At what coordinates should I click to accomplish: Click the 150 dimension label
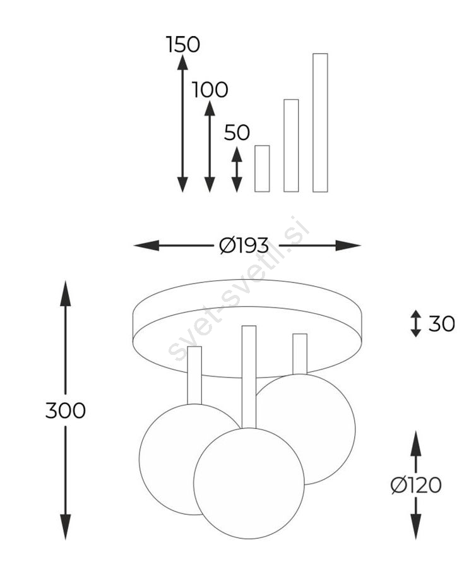(183, 44)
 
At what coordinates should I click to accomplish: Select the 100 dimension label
(210, 90)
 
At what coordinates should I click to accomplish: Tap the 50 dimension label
(237, 133)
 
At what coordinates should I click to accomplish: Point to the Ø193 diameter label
(244, 245)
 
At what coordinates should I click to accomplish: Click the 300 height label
(66, 410)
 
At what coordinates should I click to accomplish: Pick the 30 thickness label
(441, 323)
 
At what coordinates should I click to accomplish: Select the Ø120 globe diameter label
(416, 485)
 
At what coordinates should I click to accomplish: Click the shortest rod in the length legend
(262, 169)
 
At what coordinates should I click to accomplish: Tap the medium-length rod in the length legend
(291, 146)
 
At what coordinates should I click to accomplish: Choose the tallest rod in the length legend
(321, 123)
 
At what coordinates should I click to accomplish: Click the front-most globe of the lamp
(249, 484)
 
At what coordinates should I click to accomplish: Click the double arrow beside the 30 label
(416, 323)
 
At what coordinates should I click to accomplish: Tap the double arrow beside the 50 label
(237, 169)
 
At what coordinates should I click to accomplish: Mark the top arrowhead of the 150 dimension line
(182, 61)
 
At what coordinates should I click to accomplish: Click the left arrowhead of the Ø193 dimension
(146, 245)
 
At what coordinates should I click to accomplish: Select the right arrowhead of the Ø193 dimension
(348, 245)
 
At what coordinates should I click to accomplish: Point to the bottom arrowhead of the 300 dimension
(66, 527)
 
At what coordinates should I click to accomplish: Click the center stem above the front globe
(249, 377)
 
